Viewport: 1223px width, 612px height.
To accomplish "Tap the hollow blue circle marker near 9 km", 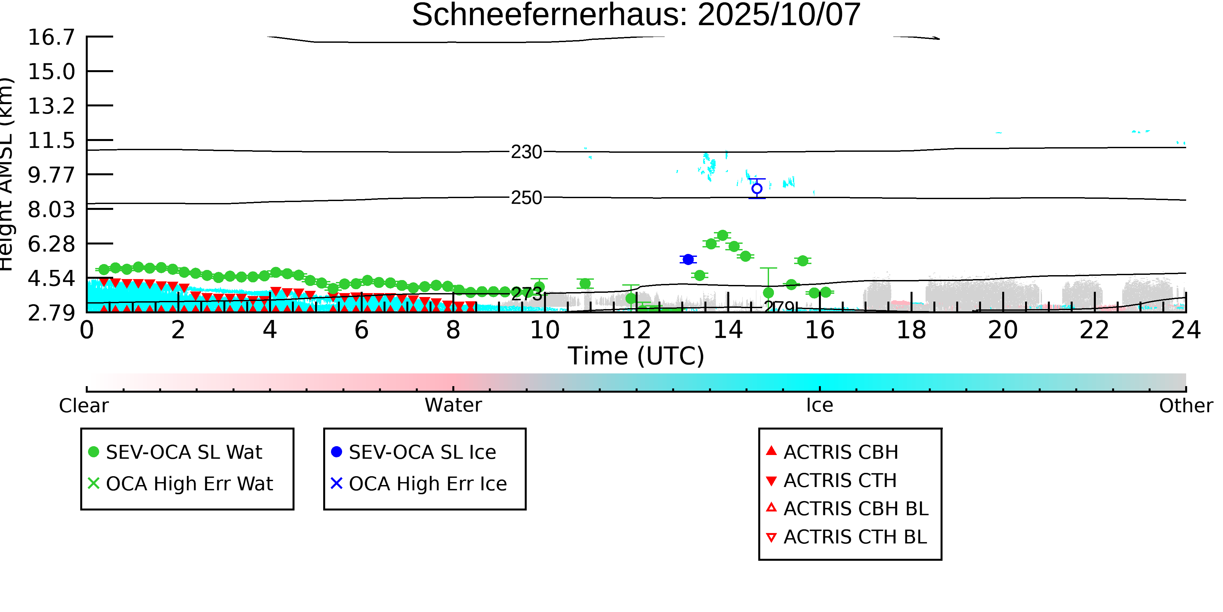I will [757, 189].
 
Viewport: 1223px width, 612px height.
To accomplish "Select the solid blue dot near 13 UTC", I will [688, 259].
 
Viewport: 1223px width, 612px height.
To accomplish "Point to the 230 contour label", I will [526, 152].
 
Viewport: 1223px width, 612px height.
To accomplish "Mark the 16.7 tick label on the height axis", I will [51, 37].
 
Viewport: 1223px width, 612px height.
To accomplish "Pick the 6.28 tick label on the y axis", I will [51, 244].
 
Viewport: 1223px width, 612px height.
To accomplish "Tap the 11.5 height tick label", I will [51, 141].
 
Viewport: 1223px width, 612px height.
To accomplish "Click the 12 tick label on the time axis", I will [636, 330].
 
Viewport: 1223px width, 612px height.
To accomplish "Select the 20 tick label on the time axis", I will [1003, 330].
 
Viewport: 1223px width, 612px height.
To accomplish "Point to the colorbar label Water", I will [453, 405].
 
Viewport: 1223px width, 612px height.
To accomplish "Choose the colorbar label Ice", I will [820, 405].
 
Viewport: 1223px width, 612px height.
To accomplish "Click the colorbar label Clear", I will [83, 406].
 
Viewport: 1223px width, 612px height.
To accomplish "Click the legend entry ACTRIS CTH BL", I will [855, 537].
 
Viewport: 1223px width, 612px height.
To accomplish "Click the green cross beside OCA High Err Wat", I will [94, 483].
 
